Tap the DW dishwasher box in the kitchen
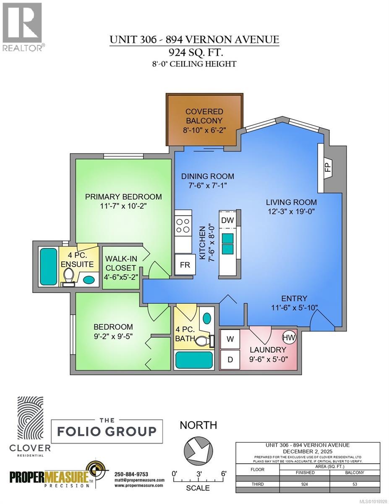[227, 220]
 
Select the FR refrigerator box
[185, 265]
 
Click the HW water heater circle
[288, 337]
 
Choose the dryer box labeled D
[230, 360]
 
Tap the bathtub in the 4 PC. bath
[194, 360]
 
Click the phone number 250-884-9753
[131, 474]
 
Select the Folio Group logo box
[107, 431]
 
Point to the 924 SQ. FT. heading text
[194, 52]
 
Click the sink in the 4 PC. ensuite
[89, 279]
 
